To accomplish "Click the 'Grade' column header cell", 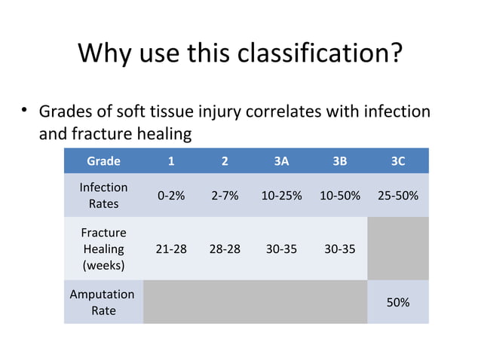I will pyautogui.click(x=103, y=160).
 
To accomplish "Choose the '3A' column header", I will pyautogui.click(x=281, y=160).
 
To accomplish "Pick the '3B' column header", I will pyautogui.click(x=339, y=160).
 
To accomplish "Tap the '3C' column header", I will pyautogui.click(x=398, y=160).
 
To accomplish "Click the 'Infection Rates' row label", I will pyautogui.click(x=103, y=195).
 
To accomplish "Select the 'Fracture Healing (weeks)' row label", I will pyautogui.click(x=103, y=249).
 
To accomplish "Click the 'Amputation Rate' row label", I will pyautogui.click(x=103, y=302).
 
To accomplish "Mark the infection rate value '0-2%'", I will pyautogui.click(x=171, y=196).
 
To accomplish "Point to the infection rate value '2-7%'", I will pyautogui.click(x=225, y=196).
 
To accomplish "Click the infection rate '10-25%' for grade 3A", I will pyautogui.click(x=281, y=196).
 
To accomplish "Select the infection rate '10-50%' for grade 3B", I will pyautogui.click(x=339, y=196).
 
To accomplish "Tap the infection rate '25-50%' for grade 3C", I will pyautogui.click(x=398, y=196).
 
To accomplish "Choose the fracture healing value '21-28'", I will pyautogui.click(x=171, y=249).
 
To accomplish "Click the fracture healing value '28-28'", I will pyautogui.click(x=225, y=249).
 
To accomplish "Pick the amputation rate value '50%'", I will pyautogui.click(x=398, y=302).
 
